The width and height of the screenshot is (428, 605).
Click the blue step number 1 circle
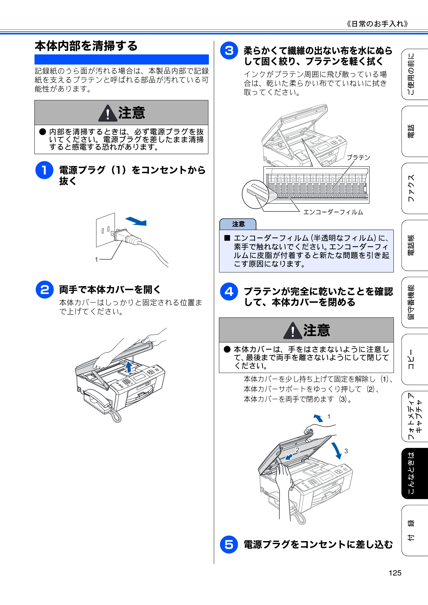[44, 170]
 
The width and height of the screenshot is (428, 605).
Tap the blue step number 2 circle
[45, 290]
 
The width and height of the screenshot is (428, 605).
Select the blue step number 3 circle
[229, 50]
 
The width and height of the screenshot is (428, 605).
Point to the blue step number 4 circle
[229, 291]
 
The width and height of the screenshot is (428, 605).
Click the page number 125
[395, 573]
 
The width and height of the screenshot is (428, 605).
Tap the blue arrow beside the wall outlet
[136, 221]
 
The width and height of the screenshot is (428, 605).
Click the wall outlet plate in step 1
[106, 230]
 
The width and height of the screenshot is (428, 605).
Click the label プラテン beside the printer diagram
[358, 158]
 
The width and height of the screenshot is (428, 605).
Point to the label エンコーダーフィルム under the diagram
[333, 212]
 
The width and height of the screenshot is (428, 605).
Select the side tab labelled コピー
[415, 359]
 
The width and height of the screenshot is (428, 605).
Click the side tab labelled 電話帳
[415, 245]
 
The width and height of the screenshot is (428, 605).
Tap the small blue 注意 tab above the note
[238, 224]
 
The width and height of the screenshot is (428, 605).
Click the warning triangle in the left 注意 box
[108, 113]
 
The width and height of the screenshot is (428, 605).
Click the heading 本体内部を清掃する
[86, 46]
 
